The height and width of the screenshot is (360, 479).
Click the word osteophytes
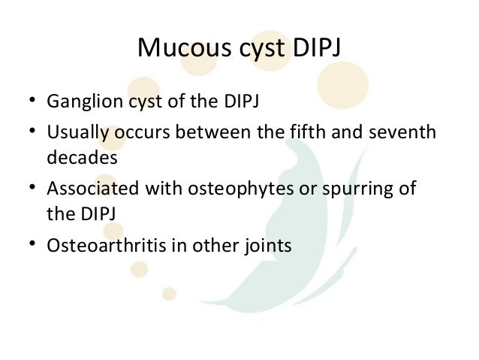(x=220, y=189)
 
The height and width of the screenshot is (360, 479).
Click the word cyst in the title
(x=251, y=51)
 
